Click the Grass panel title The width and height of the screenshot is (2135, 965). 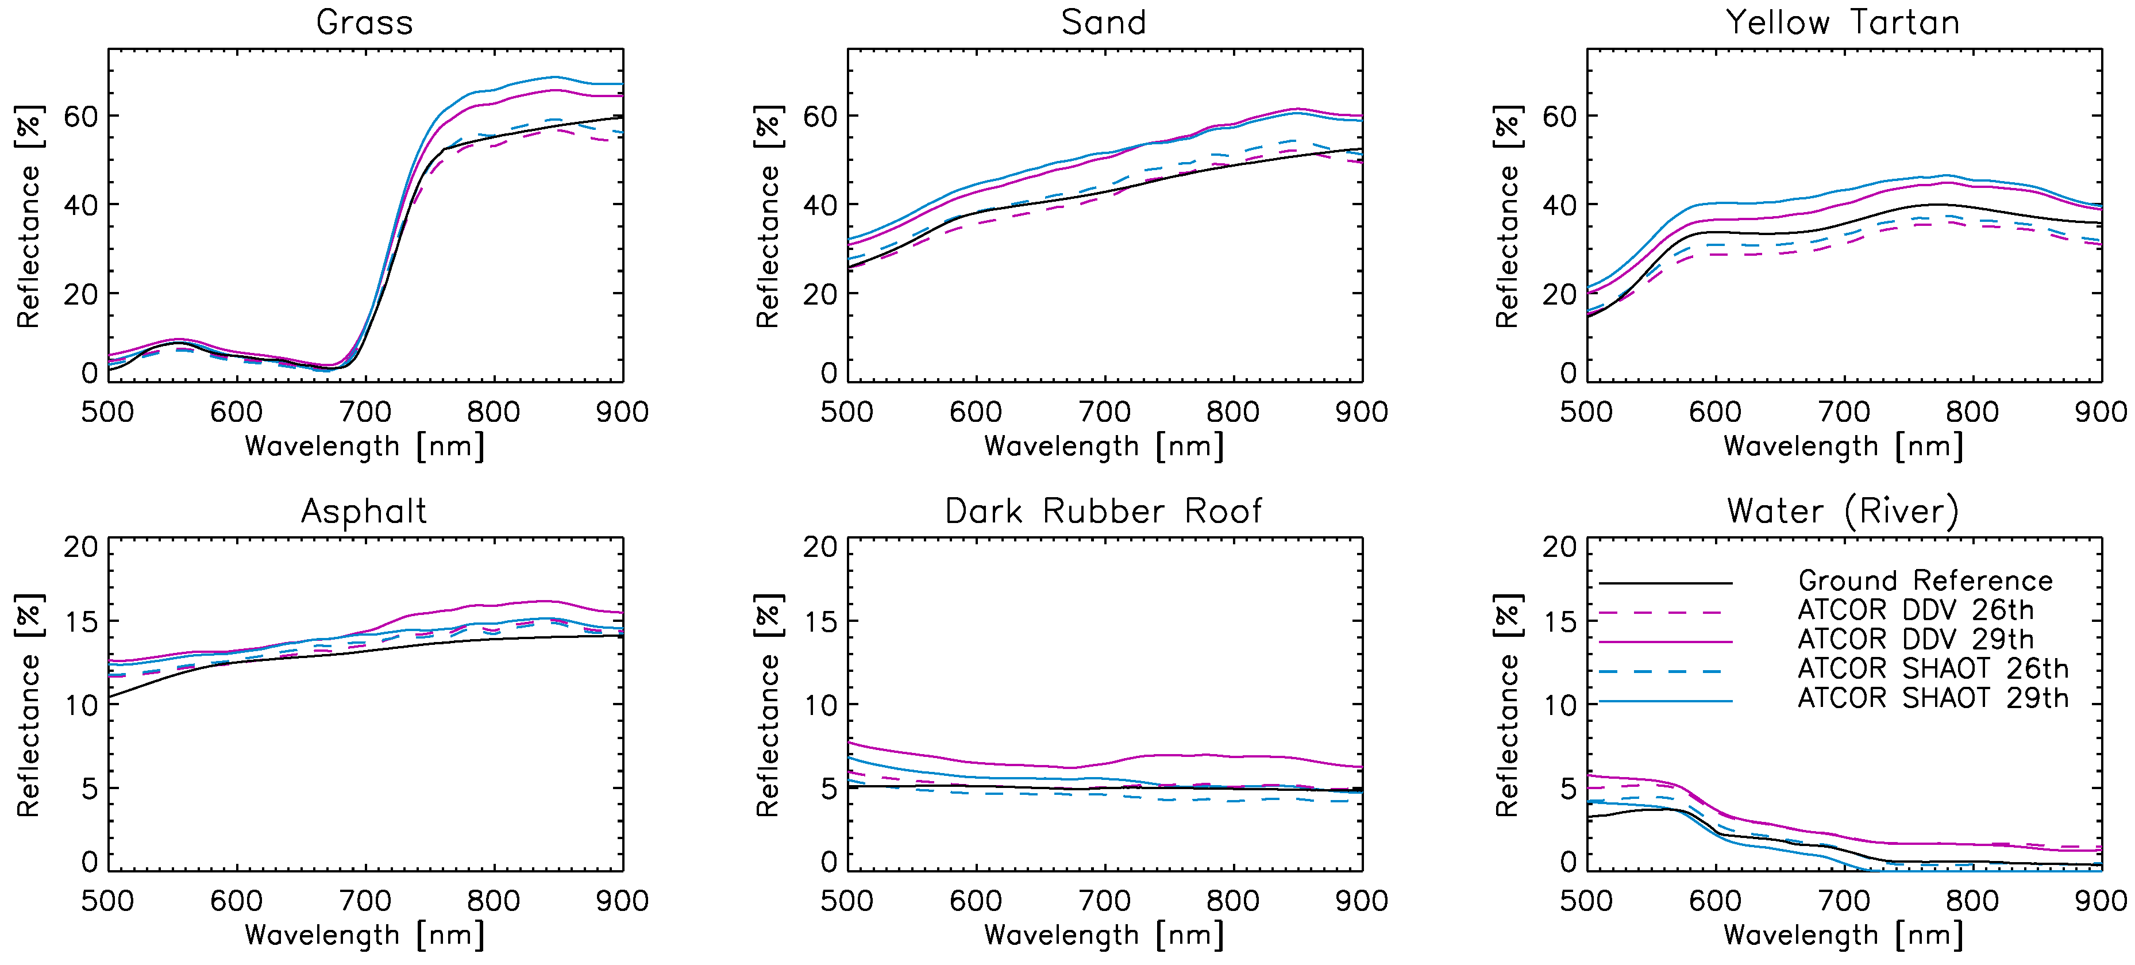365,22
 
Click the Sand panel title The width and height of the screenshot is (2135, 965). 1104,22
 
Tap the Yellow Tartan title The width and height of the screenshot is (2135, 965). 1843,22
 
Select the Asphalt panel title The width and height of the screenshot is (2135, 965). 365,512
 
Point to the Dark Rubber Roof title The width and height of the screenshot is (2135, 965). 1104,512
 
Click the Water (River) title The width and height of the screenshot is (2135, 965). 1843,512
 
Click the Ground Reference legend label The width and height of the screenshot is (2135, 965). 1925,580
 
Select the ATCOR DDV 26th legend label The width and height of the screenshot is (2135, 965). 1916,610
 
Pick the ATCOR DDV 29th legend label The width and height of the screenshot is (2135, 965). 1916,639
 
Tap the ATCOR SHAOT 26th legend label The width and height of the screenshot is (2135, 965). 1933,668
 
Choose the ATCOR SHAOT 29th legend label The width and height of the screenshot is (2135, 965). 1933,698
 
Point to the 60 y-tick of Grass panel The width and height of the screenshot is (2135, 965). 80,117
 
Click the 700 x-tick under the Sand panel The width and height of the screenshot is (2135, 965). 1105,412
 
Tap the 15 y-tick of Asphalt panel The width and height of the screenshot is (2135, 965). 80,622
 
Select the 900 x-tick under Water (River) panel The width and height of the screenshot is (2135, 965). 2100,901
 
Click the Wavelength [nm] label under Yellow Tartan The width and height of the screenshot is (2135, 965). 1843,447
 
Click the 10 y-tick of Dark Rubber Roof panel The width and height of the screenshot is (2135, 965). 820,706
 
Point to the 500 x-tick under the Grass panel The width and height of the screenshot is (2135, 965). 108,412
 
